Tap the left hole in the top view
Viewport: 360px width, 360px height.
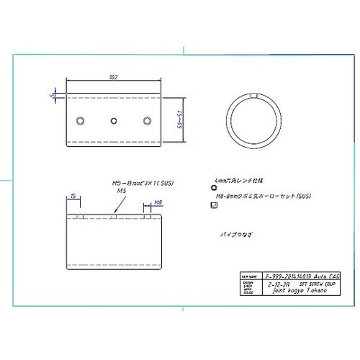pos(81,120)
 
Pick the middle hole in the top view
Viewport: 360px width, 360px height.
pos(114,120)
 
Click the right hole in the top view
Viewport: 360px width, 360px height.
pos(148,120)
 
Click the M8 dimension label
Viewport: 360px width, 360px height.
pos(156,204)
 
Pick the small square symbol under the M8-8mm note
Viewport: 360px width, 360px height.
pos(212,205)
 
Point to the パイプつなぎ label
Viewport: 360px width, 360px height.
pos(237,235)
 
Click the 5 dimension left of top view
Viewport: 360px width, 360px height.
pos(53,94)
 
